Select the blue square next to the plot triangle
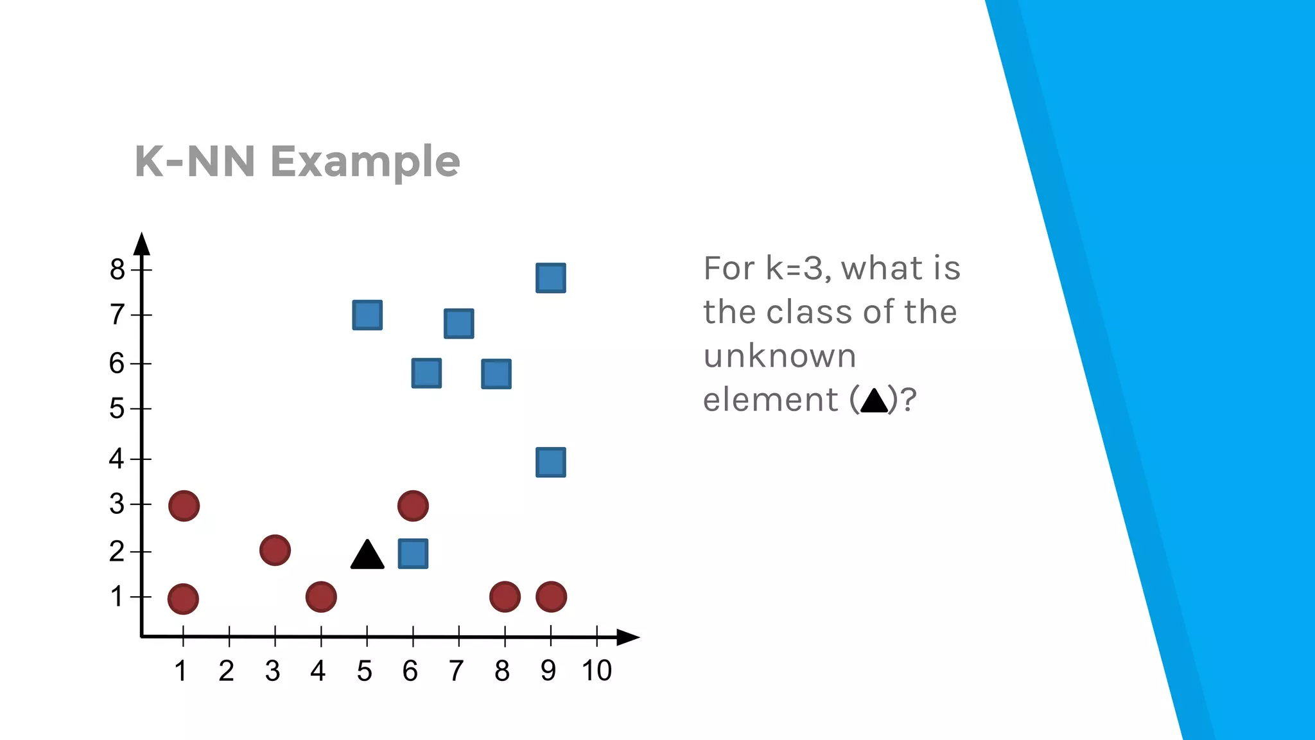413,554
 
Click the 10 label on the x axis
597,671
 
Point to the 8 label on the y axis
117,269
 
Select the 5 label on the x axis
365,671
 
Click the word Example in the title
365,161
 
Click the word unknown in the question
779,356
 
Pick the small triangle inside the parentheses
873,401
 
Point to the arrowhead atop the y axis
142,245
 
